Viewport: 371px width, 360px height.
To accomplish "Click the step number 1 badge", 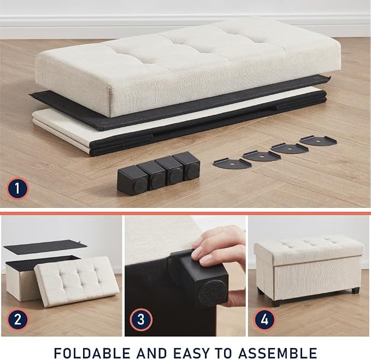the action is [x=17, y=188].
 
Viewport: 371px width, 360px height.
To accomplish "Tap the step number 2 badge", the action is [x=17, y=320].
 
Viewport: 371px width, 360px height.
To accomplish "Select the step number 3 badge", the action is [x=141, y=320].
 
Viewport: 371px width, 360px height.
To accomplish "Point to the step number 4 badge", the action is [x=265, y=320].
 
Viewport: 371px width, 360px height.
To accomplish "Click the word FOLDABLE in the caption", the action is [x=92, y=353].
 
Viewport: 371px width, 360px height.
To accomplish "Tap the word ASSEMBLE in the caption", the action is [x=278, y=353].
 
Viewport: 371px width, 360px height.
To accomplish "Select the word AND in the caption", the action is [x=152, y=353].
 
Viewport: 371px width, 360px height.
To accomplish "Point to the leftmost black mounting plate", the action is [x=232, y=164].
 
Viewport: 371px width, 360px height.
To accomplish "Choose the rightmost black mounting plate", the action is [x=318, y=141].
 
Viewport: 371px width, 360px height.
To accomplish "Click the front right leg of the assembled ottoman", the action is [x=355, y=291].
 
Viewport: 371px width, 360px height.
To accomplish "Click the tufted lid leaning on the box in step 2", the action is [x=77, y=282].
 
